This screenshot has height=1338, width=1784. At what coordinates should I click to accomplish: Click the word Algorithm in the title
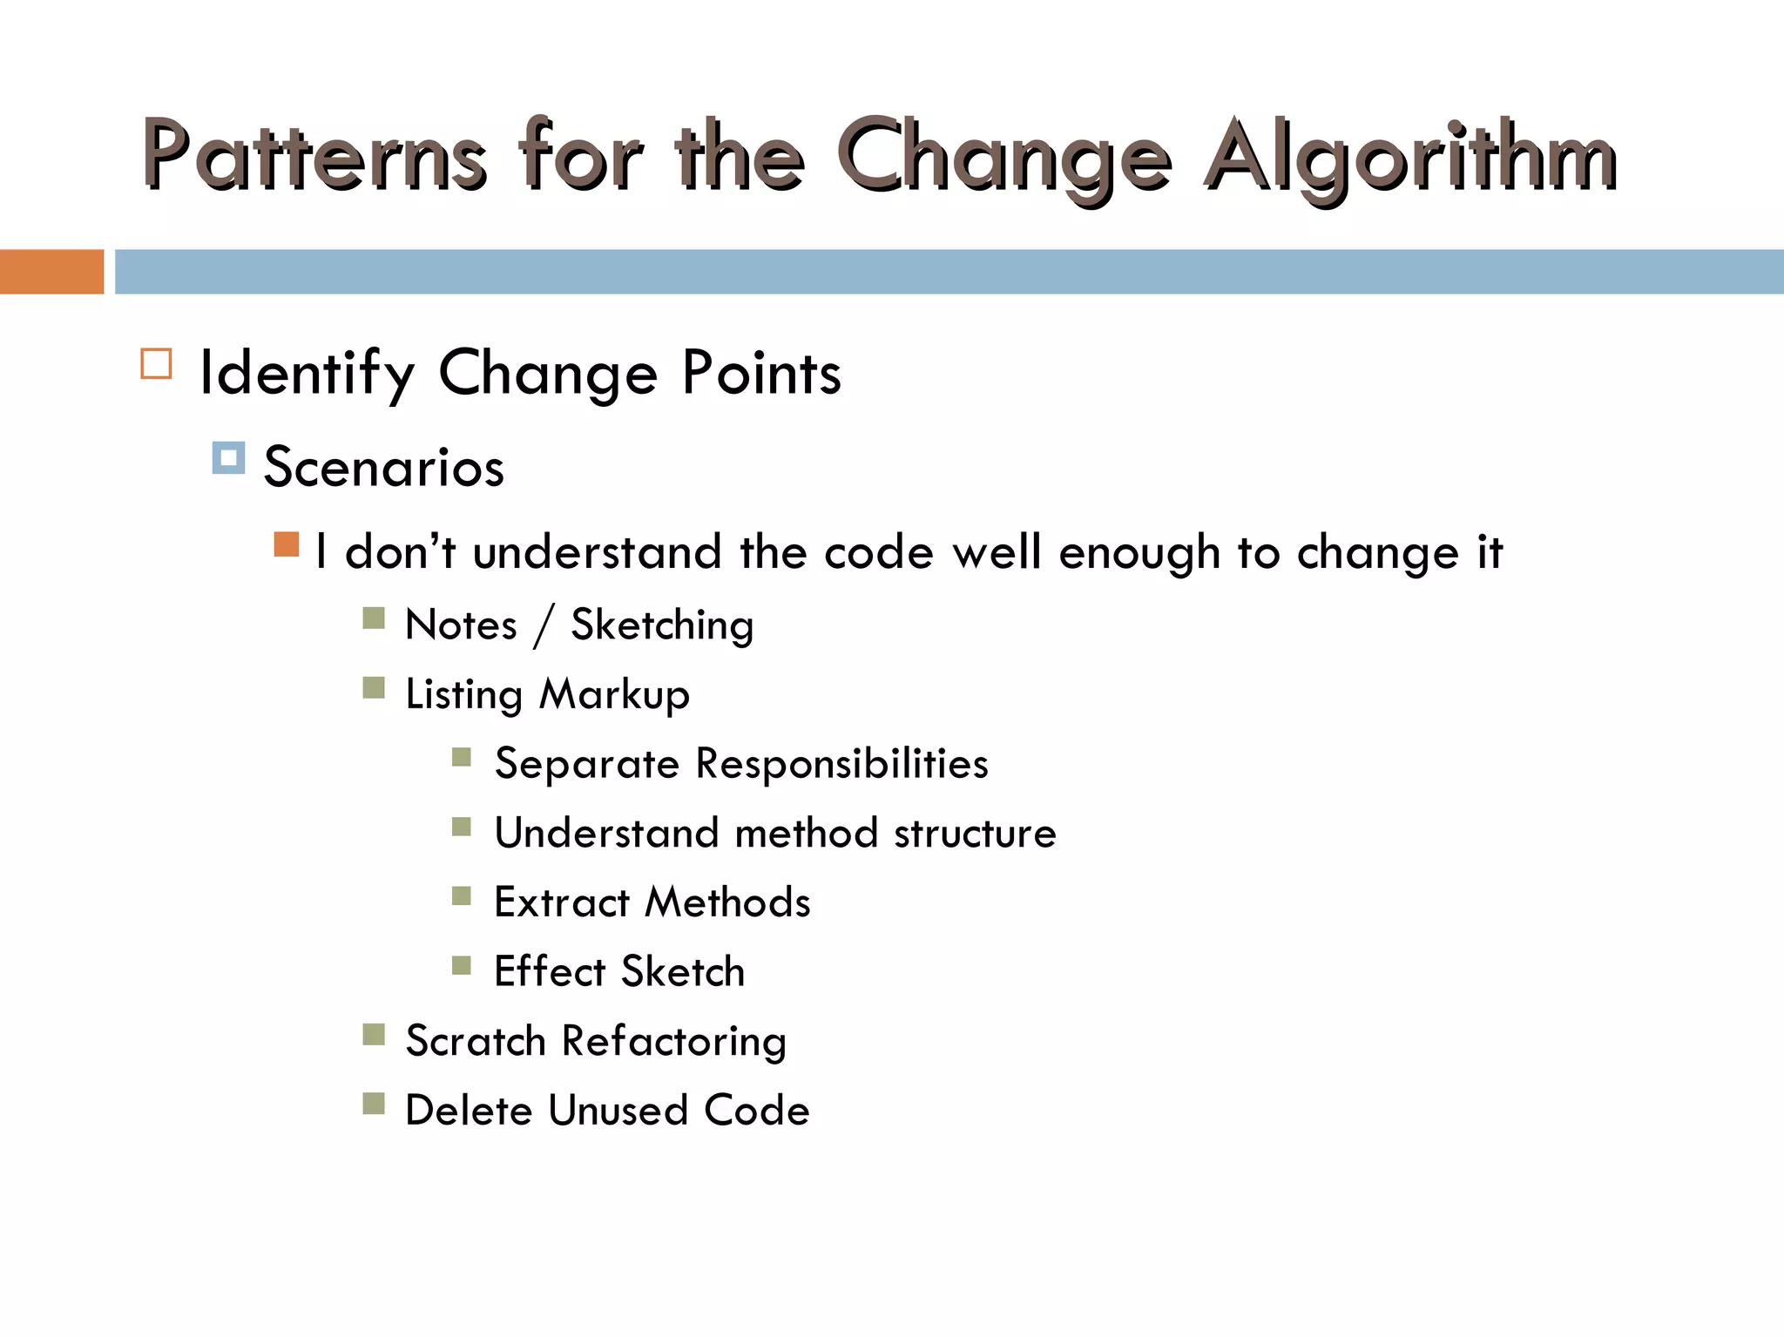click(1411, 157)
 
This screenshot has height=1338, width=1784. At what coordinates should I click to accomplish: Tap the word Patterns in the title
click(314, 157)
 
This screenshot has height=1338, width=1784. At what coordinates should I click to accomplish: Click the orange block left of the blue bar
click(51, 272)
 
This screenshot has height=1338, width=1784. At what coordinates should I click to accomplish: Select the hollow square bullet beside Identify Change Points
click(156, 363)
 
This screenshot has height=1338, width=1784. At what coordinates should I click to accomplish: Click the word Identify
click(307, 373)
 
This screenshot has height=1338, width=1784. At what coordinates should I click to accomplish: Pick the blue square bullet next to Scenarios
click(228, 457)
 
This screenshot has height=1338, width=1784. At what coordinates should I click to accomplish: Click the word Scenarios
click(384, 467)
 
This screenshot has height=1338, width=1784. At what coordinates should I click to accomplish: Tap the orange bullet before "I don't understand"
click(286, 544)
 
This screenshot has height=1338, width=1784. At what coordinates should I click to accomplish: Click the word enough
click(1139, 553)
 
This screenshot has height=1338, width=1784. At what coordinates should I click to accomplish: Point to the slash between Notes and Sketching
click(544, 625)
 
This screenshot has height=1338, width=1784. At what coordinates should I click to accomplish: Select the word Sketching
click(662, 625)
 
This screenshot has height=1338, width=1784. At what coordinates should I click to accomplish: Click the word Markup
click(614, 695)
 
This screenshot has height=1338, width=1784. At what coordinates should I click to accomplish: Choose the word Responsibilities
click(841, 764)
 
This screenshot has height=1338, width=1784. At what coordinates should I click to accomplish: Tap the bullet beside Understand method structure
click(462, 827)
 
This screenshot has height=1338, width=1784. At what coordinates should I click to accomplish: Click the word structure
click(975, 834)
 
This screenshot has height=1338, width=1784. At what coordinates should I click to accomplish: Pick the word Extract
click(562, 902)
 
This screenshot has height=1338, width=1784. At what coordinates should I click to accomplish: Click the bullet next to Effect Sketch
click(462, 965)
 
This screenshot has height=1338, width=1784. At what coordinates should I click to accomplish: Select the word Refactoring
click(673, 1041)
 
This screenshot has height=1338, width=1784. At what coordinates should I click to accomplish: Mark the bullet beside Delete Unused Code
click(374, 1104)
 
